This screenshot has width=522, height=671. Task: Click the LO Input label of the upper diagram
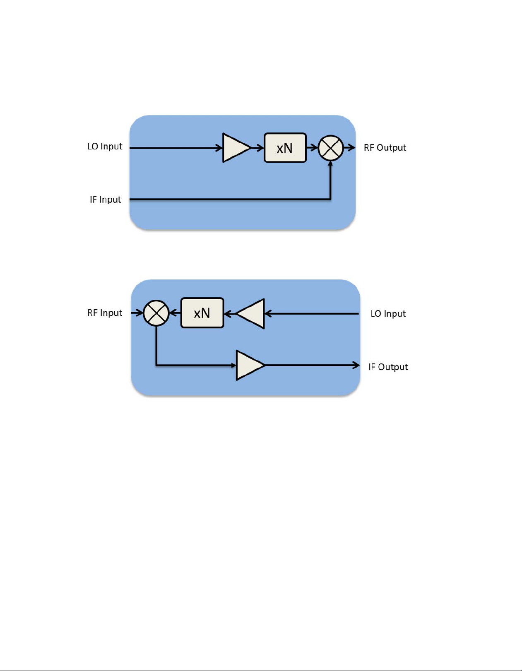click(x=105, y=147)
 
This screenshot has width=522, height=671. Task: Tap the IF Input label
click(x=105, y=200)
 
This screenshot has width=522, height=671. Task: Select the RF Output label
click(x=385, y=148)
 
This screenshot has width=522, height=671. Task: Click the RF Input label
click(x=105, y=313)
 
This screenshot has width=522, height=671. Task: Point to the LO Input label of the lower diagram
click(x=388, y=314)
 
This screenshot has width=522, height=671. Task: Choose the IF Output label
click(x=388, y=367)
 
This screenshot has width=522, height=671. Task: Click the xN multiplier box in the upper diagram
click(x=285, y=148)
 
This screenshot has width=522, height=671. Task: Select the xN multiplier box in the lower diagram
click(x=202, y=313)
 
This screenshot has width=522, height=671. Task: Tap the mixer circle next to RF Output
click(x=331, y=148)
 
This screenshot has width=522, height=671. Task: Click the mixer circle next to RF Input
click(x=156, y=313)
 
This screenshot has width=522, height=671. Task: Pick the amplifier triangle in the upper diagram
click(x=236, y=148)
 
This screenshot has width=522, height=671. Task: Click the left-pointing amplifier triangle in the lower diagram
click(x=250, y=314)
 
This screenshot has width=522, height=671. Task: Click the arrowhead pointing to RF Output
click(x=352, y=148)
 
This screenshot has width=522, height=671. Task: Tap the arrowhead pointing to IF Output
click(x=356, y=365)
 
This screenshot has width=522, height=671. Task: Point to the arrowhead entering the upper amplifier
click(x=219, y=148)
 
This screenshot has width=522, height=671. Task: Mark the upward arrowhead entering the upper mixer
click(x=330, y=164)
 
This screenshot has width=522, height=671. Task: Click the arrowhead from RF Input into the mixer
click(x=140, y=313)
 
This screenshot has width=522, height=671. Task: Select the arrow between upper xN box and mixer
click(x=312, y=148)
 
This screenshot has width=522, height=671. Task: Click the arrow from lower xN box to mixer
click(x=175, y=313)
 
